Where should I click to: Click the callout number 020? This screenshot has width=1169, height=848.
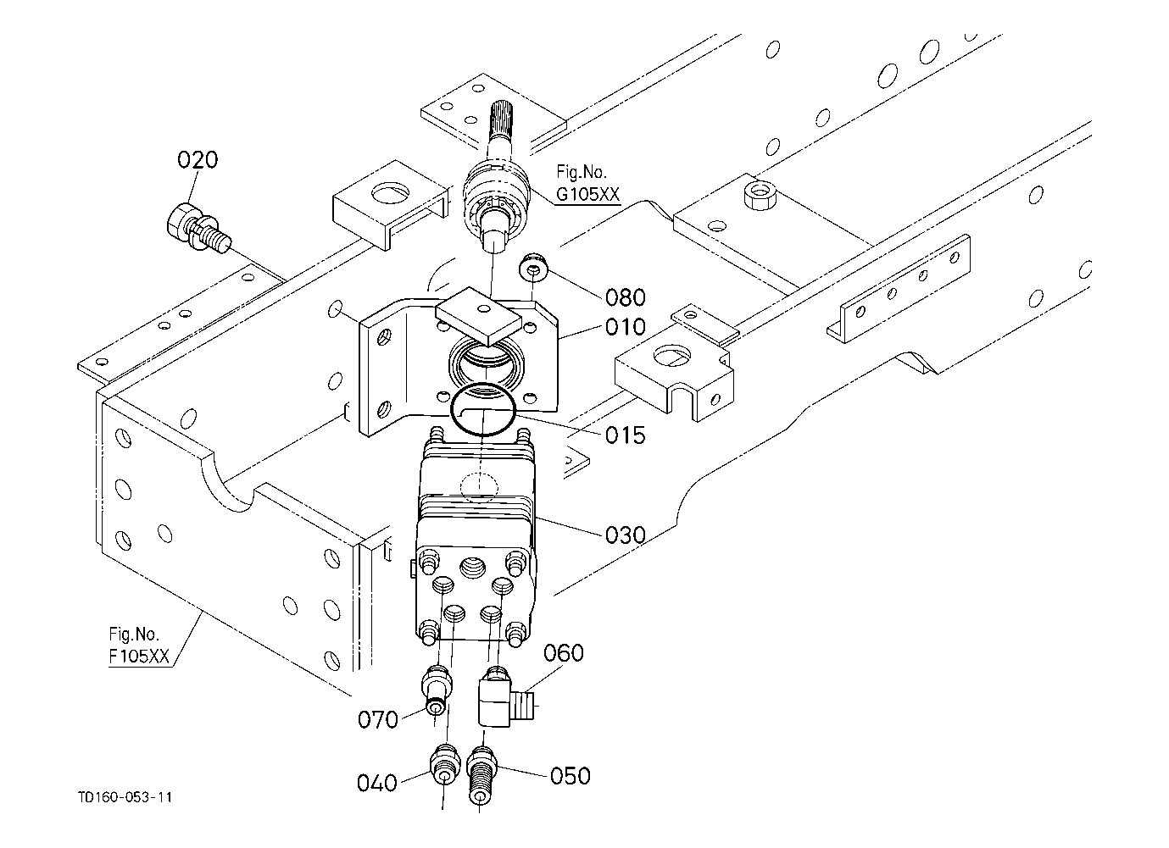click(197, 160)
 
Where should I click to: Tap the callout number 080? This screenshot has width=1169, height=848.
click(625, 297)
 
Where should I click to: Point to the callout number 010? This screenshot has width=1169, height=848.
click(625, 327)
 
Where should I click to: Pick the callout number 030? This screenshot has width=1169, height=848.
click(625, 535)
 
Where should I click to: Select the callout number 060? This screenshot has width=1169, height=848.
click(564, 653)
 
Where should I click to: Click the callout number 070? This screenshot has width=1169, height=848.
click(377, 720)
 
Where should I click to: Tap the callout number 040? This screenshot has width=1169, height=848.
click(377, 783)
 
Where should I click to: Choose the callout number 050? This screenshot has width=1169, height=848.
click(571, 776)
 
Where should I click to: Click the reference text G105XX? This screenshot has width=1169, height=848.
click(587, 194)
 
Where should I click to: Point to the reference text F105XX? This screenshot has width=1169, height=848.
click(139, 657)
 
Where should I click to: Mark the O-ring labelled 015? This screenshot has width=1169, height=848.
click(483, 408)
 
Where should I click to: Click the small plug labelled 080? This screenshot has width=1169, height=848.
click(533, 269)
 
